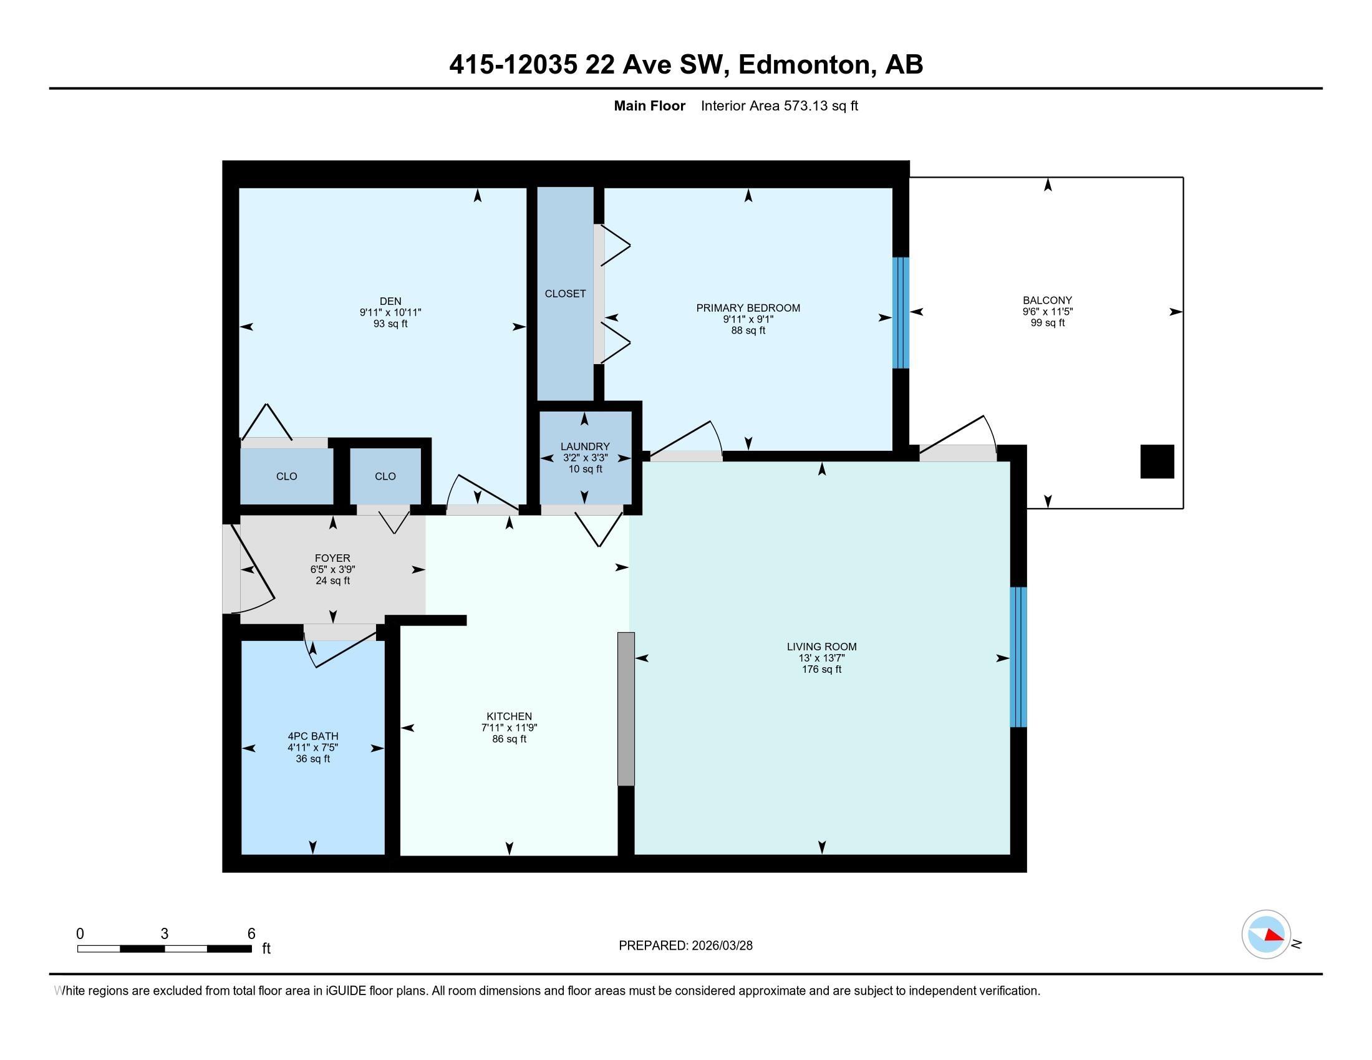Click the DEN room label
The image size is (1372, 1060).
pos(390,301)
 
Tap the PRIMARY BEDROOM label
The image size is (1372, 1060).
pos(748,307)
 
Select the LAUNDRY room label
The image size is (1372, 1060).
pos(585,446)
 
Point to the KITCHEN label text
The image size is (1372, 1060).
pos(509,716)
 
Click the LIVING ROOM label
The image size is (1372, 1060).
pos(822,647)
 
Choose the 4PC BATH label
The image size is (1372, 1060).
pos(313,736)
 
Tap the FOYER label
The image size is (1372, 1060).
pos(332,558)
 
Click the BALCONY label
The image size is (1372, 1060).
pos(1047,300)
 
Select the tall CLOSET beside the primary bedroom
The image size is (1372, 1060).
pos(566,293)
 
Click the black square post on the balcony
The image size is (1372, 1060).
pos(1157,461)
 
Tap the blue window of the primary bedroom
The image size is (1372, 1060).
pos(901,313)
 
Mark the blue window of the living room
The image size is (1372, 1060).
pos(1018,657)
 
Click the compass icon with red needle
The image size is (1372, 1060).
pos(1267,935)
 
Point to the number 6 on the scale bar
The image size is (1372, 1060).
pos(251,934)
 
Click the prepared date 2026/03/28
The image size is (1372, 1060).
pos(721,946)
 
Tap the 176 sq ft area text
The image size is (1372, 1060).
pos(822,670)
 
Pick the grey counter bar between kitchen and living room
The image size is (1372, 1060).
pos(626,709)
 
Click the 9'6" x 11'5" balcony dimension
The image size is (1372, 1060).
pos(1047,312)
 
